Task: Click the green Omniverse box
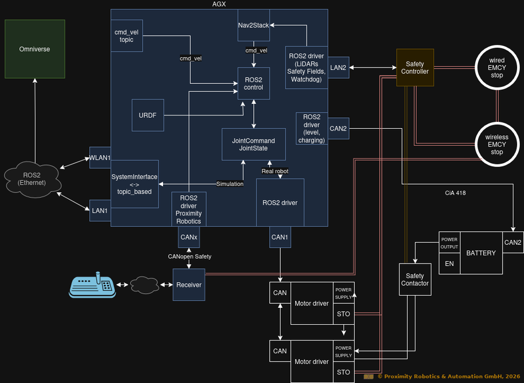click(x=34, y=49)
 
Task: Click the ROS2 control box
click(x=254, y=83)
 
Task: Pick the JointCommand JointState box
click(x=253, y=145)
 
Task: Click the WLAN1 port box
click(x=100, y=157)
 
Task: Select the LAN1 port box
click(x=100, y=210)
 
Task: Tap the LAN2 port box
click(x=338, y=68)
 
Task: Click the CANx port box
click(x=189, y=237)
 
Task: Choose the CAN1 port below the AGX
click(x=280, y=237)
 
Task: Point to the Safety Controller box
click(x=415, y=68)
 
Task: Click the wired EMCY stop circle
click(x=497, y=68)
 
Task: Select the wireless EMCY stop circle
click(x=497, y=145)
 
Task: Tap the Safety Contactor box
click(x=415, y=280)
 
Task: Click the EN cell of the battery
click(x=449, y=263)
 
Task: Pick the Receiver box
click(x=189, y=284)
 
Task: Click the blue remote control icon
click(x=93, y=285)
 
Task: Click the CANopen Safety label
click(x=189, y=256)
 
